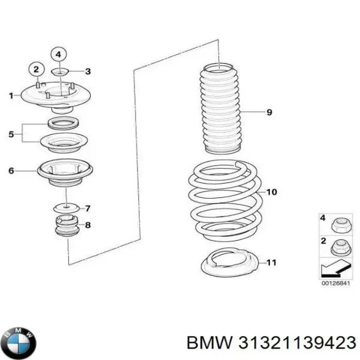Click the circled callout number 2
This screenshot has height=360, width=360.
[36, 69]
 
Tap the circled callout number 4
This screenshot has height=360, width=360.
[58, 55]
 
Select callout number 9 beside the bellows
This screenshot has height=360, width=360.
[269, 112]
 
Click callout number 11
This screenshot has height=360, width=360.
[271, 262]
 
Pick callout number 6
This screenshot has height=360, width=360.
[11, 171]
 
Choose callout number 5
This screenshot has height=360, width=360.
[11, 134]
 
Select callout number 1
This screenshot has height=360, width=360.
[11, 95]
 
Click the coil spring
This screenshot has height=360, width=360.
[222, 195]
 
